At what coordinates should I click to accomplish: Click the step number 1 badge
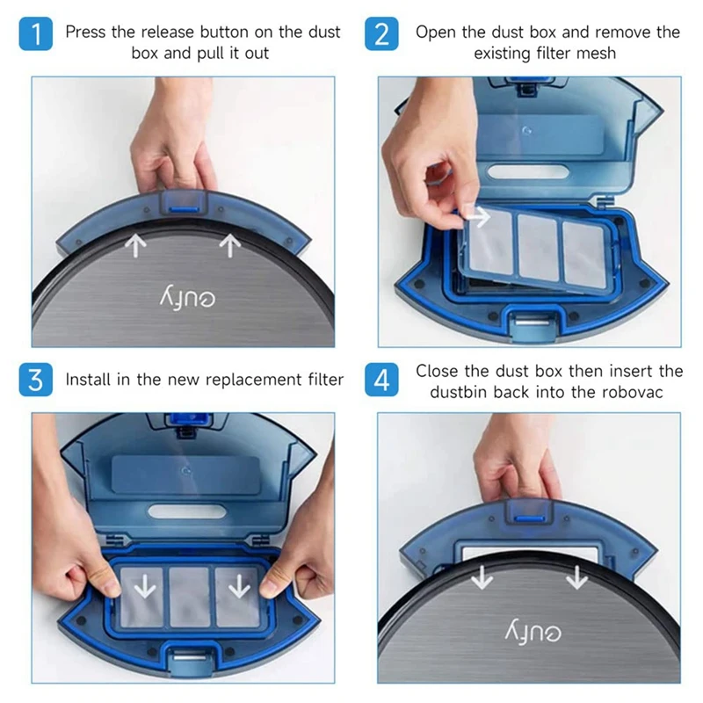point(35,36)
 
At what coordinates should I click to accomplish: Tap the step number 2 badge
point(381,36)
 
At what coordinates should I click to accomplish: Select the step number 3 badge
point(35,380)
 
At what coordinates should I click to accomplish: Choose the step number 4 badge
point(381,380)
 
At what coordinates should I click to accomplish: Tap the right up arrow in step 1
point(229,245)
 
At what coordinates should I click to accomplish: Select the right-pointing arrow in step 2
point(478,214)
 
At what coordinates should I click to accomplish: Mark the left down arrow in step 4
point(482,577)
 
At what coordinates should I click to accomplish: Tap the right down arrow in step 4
point(576,577)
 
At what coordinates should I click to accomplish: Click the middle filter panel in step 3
point(189,596)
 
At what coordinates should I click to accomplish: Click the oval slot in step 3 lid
point(182,511)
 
